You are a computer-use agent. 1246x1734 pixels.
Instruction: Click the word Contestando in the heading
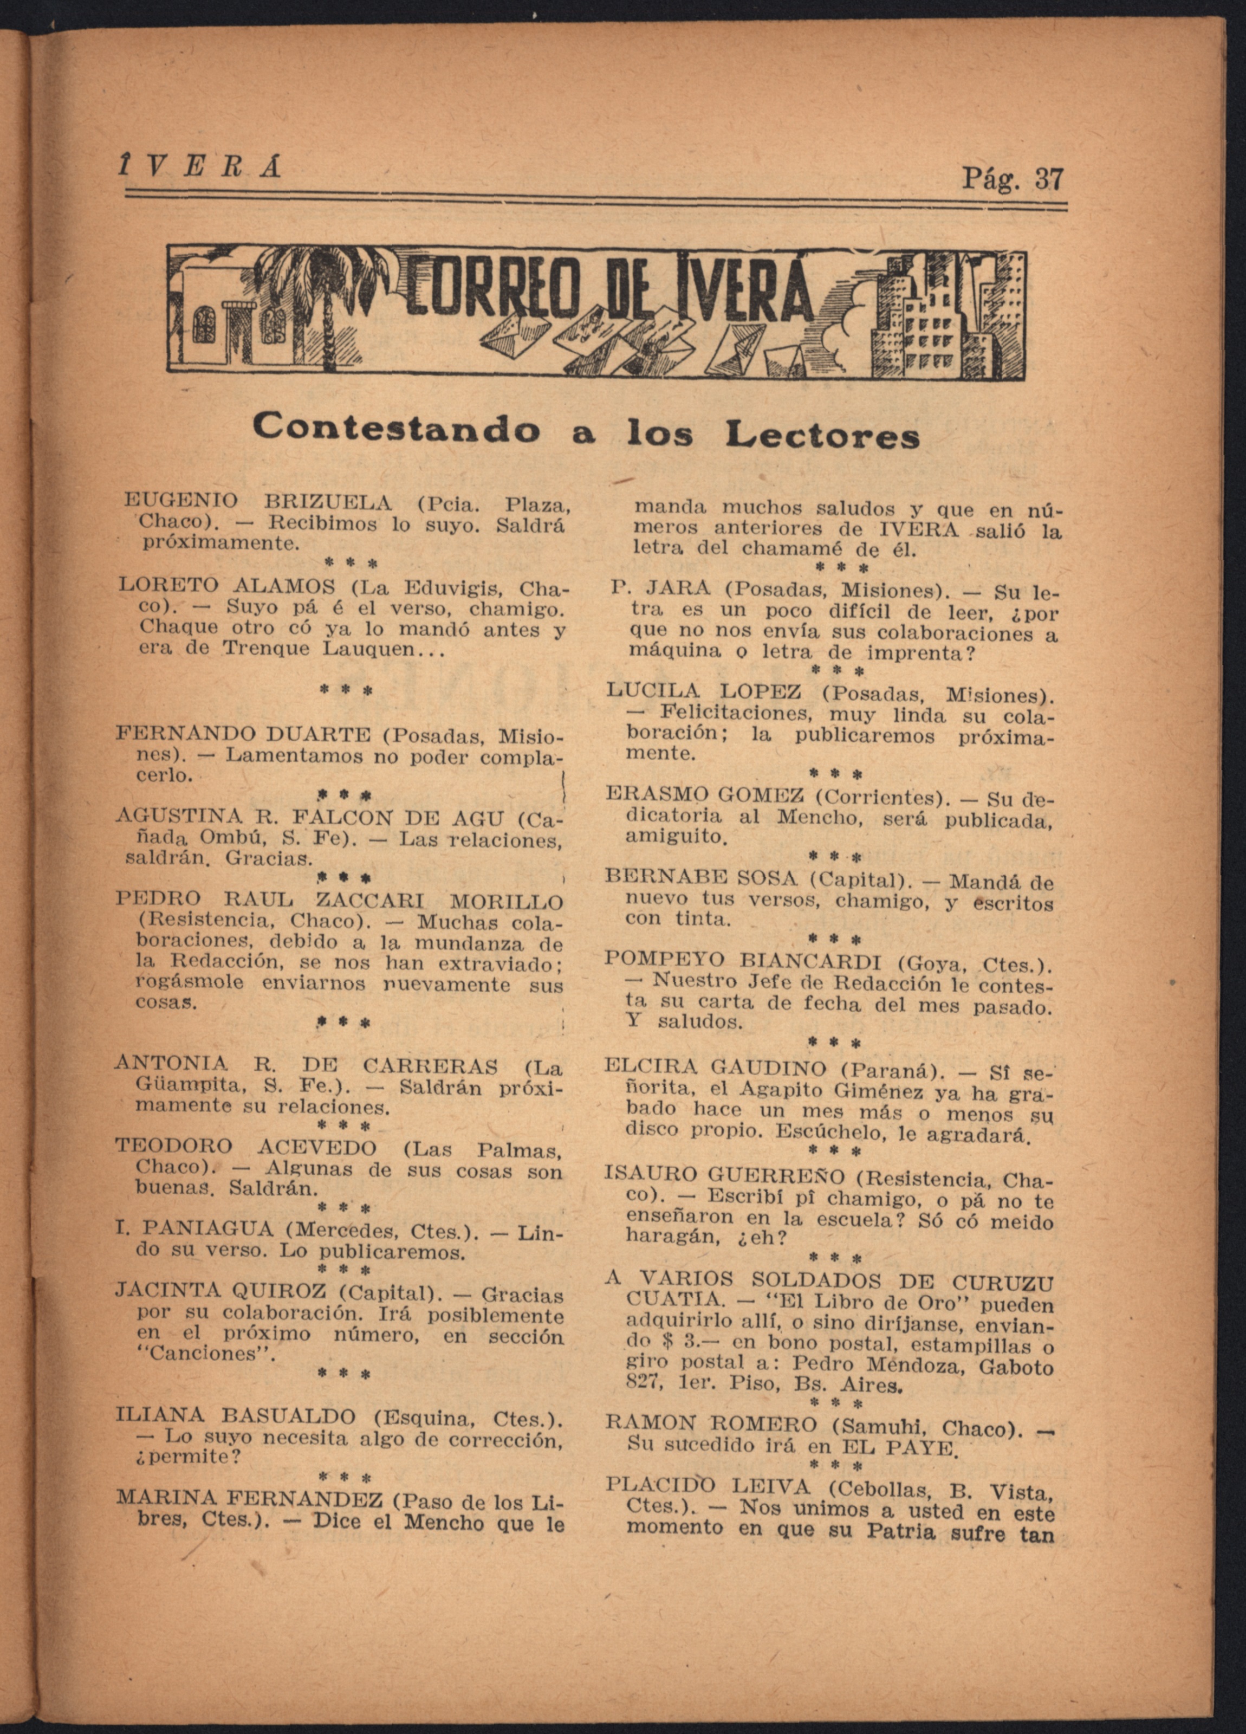point(394,428)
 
